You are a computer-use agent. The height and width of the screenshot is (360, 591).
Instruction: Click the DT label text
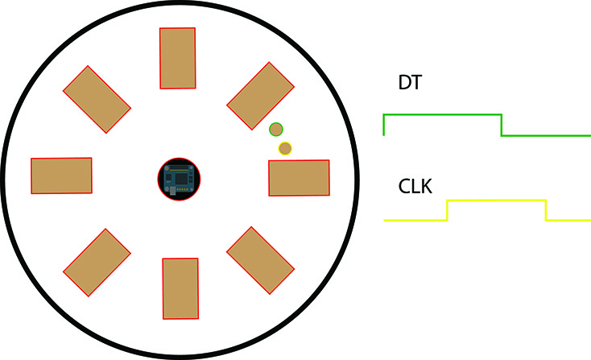click(410, 83)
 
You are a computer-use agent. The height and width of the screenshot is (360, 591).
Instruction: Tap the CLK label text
click(415, 186)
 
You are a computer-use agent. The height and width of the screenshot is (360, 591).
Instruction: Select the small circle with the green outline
click(276, 130)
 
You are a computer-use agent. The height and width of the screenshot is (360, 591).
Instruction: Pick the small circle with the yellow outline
click(285, 148)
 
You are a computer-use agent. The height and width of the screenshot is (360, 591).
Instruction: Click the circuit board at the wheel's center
click(179, 179)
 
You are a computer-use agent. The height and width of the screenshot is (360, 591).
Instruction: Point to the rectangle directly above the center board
click(177, 58)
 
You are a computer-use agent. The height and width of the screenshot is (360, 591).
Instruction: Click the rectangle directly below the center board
click(180, 289)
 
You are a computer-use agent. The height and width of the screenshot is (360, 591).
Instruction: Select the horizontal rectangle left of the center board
click(61, 176)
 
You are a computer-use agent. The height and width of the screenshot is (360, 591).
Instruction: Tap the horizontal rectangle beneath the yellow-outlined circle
click(300, 178)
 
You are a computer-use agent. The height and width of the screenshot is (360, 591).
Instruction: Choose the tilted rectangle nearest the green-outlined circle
click(260, 96)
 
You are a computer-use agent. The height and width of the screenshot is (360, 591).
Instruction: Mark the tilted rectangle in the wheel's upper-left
click(97, 100)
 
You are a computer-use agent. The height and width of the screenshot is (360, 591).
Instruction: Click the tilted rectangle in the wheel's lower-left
click(97, 263)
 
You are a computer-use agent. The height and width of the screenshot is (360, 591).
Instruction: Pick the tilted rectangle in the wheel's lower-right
click(260, 260)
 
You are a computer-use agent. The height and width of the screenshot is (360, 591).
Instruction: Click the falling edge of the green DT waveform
click(502, 125)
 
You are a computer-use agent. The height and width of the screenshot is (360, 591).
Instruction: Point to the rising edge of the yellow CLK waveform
click(448, 210)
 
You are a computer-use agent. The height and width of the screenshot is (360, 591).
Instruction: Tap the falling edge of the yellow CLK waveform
click(546, 210)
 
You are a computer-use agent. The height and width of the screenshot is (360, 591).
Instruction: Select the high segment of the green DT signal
click(443, 114)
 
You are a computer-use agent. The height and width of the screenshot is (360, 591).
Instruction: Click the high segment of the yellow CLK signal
click(497, 201)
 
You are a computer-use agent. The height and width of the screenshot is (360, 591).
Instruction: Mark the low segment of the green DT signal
click(546, 135)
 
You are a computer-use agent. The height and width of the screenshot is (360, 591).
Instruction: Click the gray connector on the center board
click(172, 190)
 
